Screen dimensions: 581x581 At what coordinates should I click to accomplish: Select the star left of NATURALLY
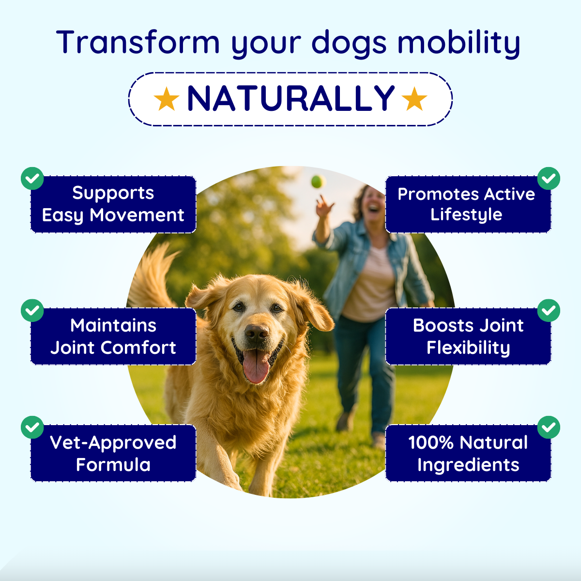point(167,99)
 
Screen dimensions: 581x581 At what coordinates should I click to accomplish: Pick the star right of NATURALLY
point(414,99)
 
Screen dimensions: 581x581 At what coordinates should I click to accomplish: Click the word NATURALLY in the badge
point(290,98)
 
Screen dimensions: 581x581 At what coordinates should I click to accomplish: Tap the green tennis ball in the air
point(318,182)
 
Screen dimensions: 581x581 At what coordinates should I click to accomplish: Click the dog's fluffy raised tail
point(152,277)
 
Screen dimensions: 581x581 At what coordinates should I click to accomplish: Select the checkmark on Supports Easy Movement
point(32,179)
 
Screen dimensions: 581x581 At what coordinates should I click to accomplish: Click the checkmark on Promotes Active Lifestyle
point(549,179)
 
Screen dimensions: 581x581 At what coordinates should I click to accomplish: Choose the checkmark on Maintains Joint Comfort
point(32,310)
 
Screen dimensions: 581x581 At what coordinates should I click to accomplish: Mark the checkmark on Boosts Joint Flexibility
point(549,310)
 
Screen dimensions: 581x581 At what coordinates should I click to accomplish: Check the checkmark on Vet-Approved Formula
point(32,428)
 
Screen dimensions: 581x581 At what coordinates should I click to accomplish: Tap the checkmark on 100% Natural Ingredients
point(549,428)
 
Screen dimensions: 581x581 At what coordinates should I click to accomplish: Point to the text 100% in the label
point(431,443)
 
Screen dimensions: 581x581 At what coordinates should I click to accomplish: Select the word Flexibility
point(468,348)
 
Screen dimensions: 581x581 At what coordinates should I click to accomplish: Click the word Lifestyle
point(466,215)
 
